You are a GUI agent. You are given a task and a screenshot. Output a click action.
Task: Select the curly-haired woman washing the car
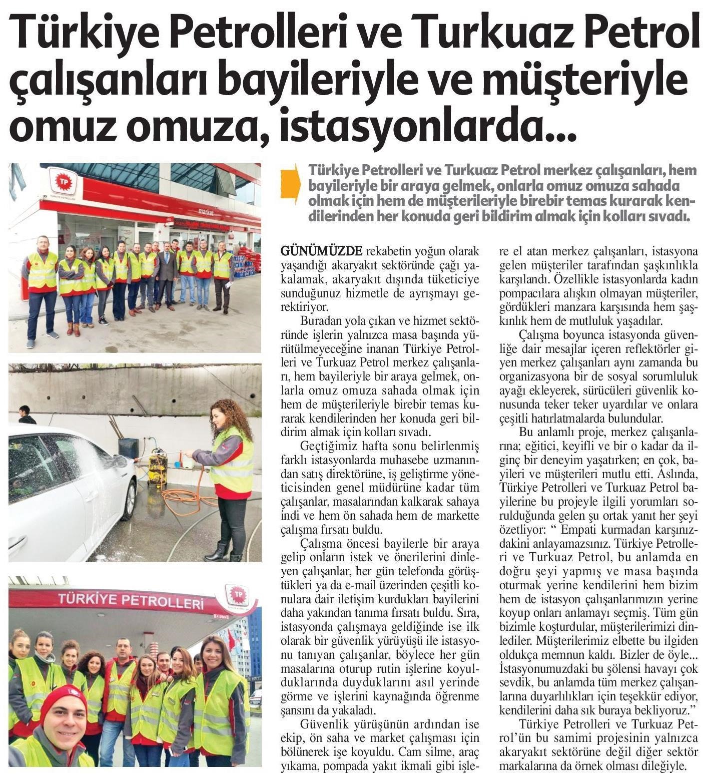pos(228,471)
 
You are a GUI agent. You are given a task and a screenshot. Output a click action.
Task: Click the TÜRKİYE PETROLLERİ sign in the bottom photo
pos(131,601)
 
